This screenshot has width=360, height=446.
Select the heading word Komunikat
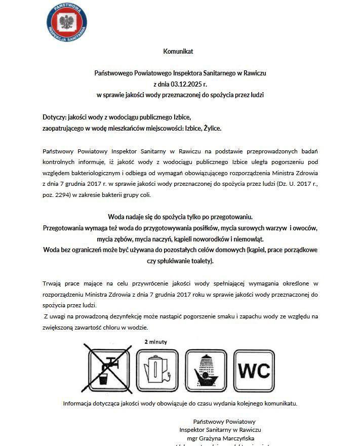point(178,51)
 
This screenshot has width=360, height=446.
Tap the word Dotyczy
point(55,117)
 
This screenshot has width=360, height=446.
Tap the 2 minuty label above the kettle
point(155,342)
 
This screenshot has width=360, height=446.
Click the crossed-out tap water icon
point(109,370)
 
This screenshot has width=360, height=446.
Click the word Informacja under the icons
point(79,403)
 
